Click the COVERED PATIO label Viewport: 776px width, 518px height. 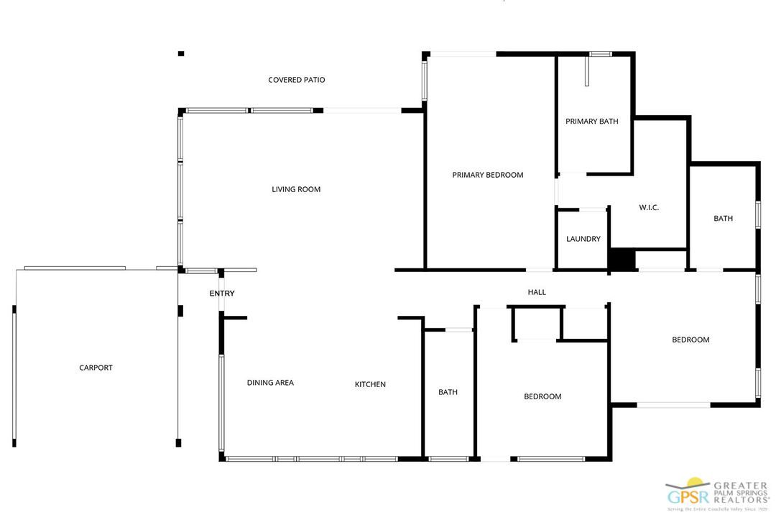pos(296,80)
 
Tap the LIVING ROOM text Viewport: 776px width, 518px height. pos(296,189)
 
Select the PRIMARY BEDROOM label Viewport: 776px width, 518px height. pos(487,175)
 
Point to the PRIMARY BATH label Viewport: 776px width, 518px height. pos(591,122)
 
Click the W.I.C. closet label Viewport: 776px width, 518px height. pos(649,207)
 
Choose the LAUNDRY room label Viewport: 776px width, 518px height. pos(583,239)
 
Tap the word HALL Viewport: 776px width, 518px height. pos(537,292)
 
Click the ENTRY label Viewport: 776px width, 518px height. pos(222,294)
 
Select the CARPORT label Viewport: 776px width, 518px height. pos(96,368)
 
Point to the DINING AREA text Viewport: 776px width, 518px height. pos(270,383)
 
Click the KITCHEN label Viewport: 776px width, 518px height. pos(370,384)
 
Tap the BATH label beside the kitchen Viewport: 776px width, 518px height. pos(448,392)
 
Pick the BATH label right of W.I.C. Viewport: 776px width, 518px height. pos(723,218)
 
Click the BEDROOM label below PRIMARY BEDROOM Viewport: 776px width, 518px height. pos(542,396)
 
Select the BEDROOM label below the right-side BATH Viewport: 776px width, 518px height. pos(690,340)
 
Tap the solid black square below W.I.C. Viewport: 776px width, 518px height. pos(622,260)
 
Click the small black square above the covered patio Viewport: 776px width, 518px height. pos(181,53)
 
